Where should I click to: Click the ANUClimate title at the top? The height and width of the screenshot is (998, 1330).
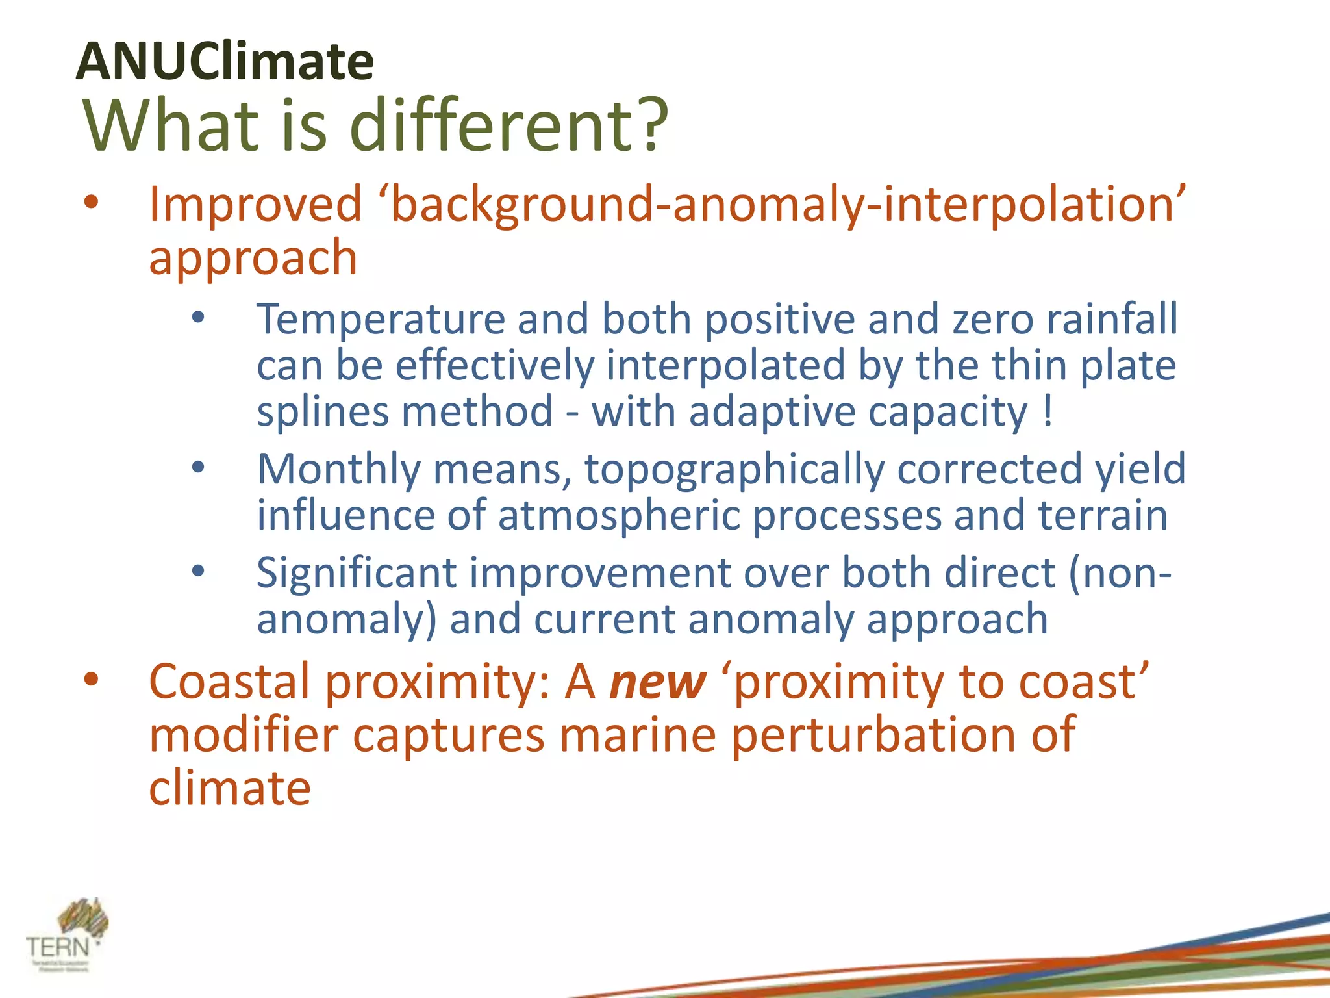[225, 61]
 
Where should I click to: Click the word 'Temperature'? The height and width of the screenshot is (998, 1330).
[381, 320]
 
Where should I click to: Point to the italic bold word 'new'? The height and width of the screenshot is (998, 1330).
[657, 682]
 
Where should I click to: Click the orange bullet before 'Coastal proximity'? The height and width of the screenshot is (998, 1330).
[91, 680]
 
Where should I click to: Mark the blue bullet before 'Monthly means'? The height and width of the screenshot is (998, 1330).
[198, 467]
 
